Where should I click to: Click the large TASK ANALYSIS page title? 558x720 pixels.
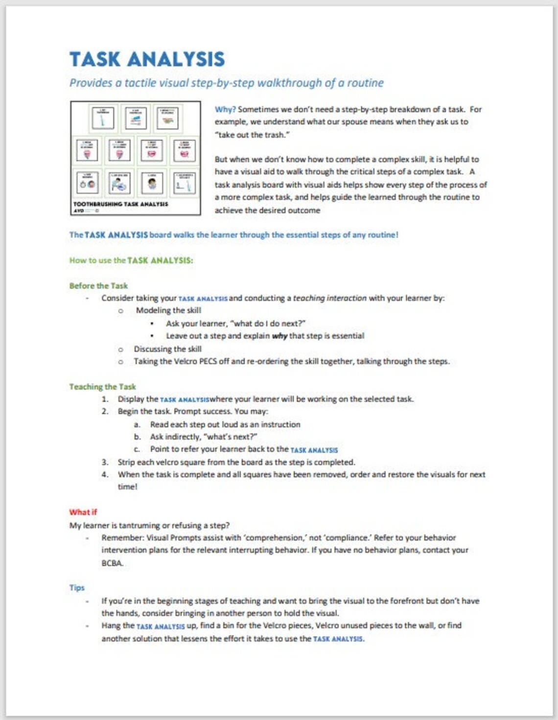[x=147, y=59]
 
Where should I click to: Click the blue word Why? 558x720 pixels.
[x=225, y=109]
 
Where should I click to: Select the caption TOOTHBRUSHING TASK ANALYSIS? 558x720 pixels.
[x=120, y=204]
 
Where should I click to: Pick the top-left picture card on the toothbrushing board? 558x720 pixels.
[x=103, y=118]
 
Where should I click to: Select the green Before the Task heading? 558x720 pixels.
[x=98, y=285]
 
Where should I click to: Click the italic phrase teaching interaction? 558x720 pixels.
[x=329, y=298]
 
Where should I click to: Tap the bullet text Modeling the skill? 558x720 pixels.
[x=168, y=310]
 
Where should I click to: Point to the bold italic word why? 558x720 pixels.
[x=279, y=336]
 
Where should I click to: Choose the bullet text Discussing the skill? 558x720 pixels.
[x=167, y=349]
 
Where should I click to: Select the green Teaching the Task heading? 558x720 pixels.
[x=102, y=387]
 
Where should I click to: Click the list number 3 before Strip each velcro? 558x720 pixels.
[x=105, y=462]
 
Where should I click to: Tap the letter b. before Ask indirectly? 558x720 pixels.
[x=137, y=437]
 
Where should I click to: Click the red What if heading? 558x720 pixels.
[x=83, y=512]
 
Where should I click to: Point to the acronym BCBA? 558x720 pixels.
[x=112, y=563]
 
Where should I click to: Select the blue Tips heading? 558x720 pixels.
[x=77, y=587]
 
